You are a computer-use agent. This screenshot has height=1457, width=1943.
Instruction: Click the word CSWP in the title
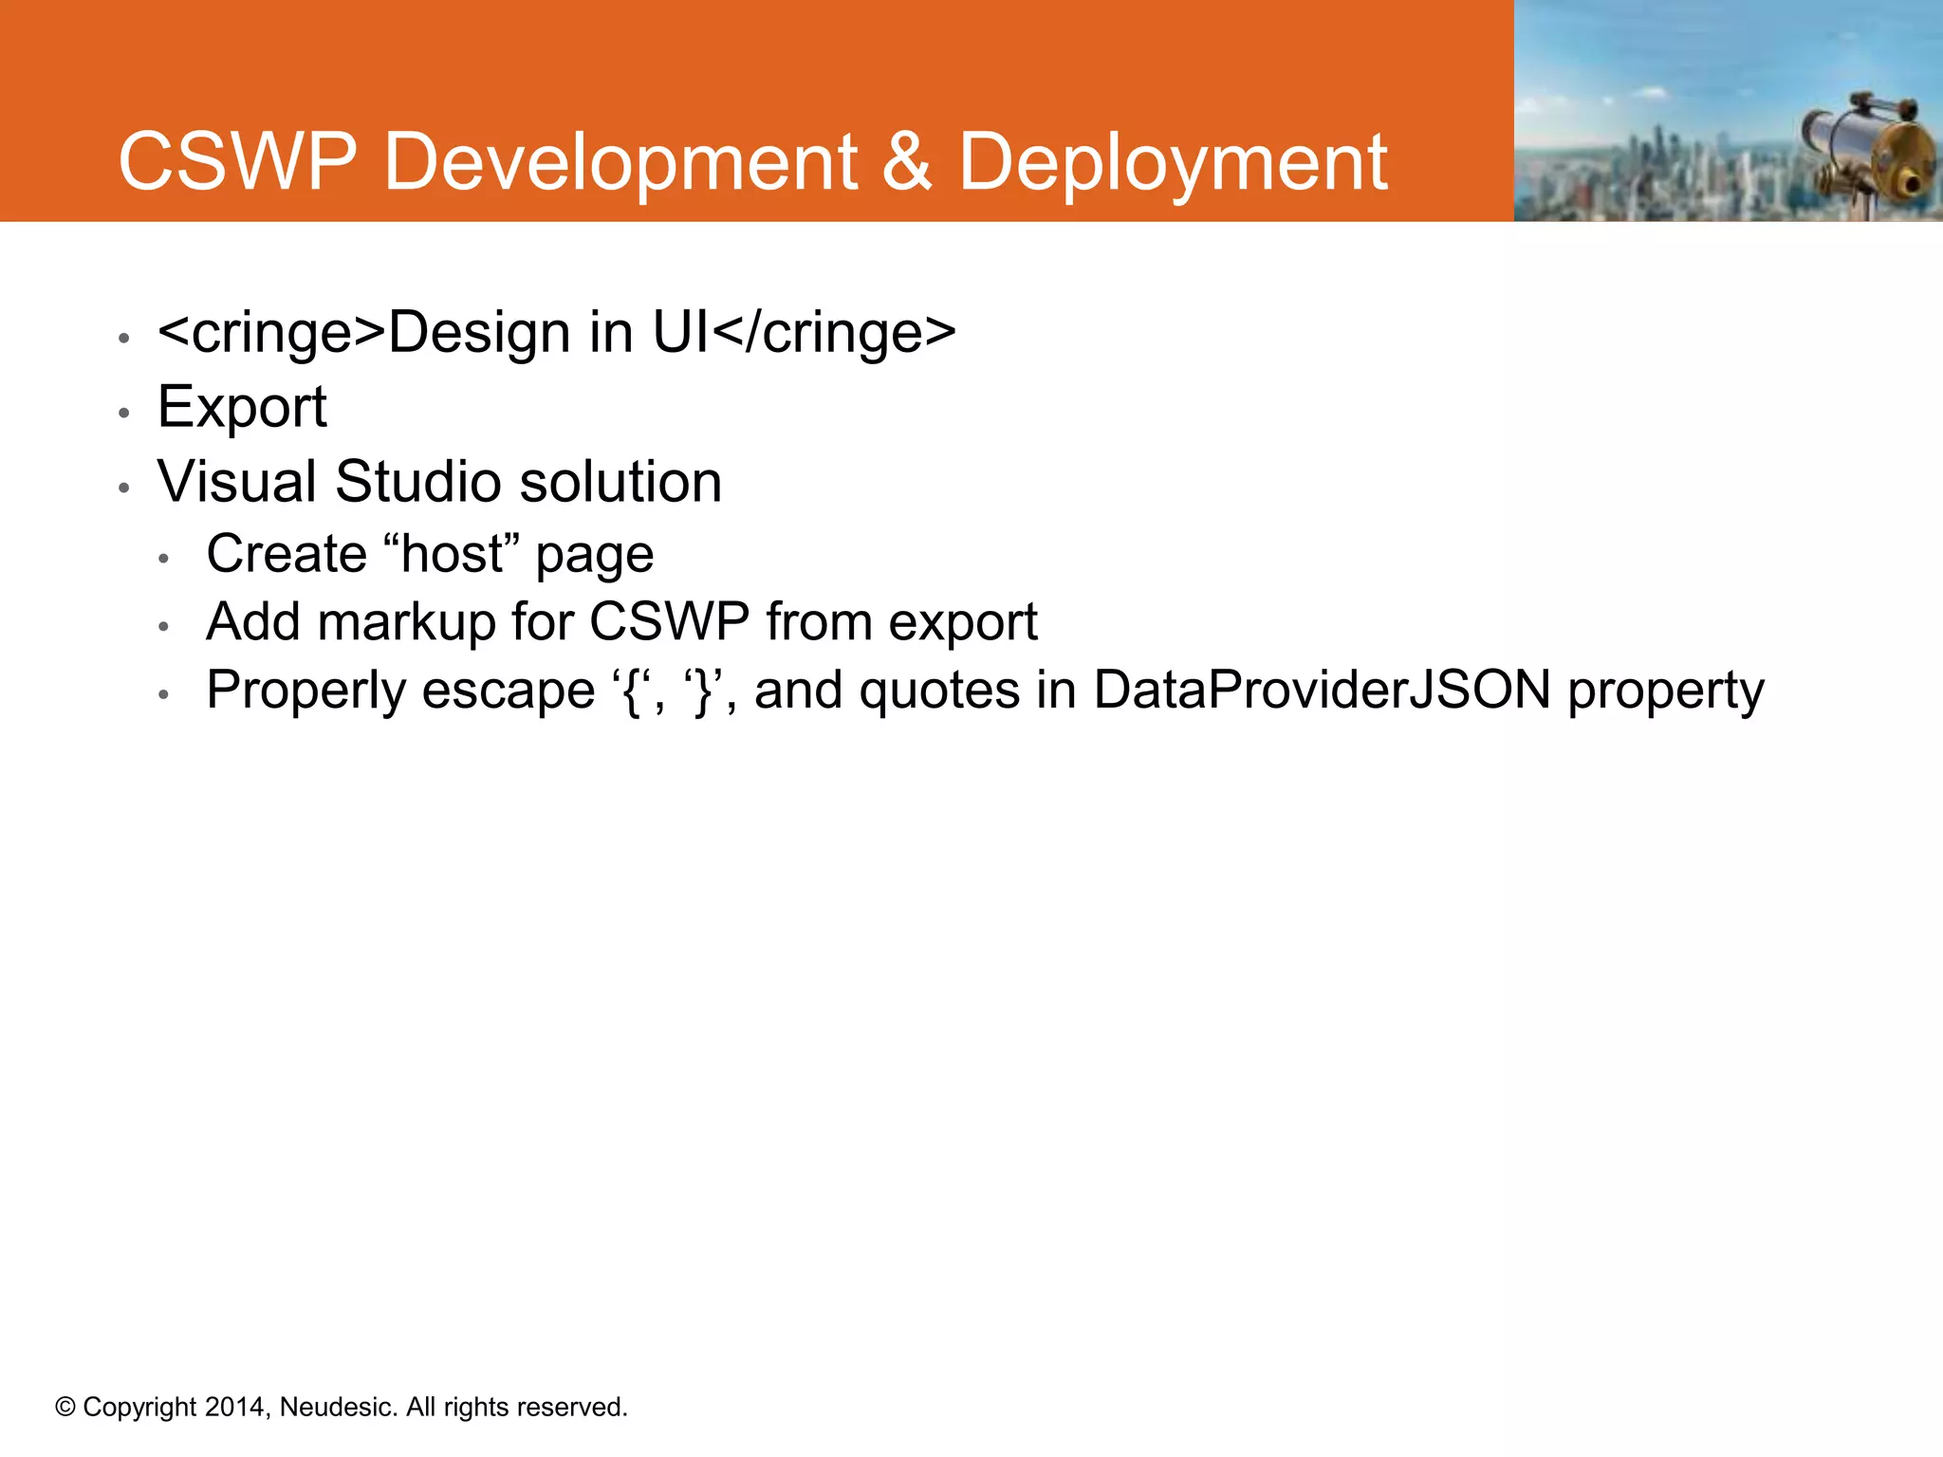237,162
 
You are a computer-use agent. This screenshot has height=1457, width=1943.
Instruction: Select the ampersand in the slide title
907,162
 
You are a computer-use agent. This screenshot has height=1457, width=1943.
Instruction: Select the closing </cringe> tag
833,333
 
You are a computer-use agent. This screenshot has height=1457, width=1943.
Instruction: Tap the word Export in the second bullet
242,408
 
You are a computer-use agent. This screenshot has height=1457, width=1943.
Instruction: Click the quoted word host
453,554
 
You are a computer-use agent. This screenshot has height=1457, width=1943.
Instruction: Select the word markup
406,623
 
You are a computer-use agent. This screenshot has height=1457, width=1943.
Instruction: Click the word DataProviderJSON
1322,690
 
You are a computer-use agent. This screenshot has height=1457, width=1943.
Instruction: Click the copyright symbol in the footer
65,1407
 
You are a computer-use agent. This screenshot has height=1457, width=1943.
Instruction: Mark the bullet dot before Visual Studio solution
123,488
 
